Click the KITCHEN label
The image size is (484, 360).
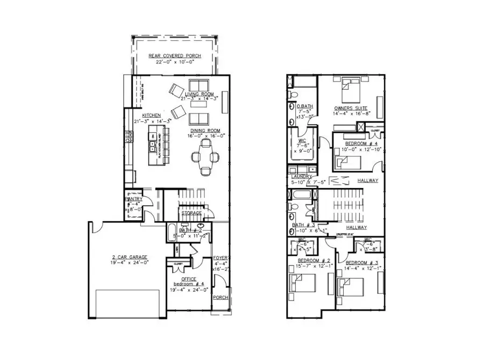151,116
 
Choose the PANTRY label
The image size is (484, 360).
133,199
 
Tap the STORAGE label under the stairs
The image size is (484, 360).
191,213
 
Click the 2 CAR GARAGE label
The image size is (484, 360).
126,257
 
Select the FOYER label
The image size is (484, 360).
221,257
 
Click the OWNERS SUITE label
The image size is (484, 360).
351,107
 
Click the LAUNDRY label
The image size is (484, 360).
298,177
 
